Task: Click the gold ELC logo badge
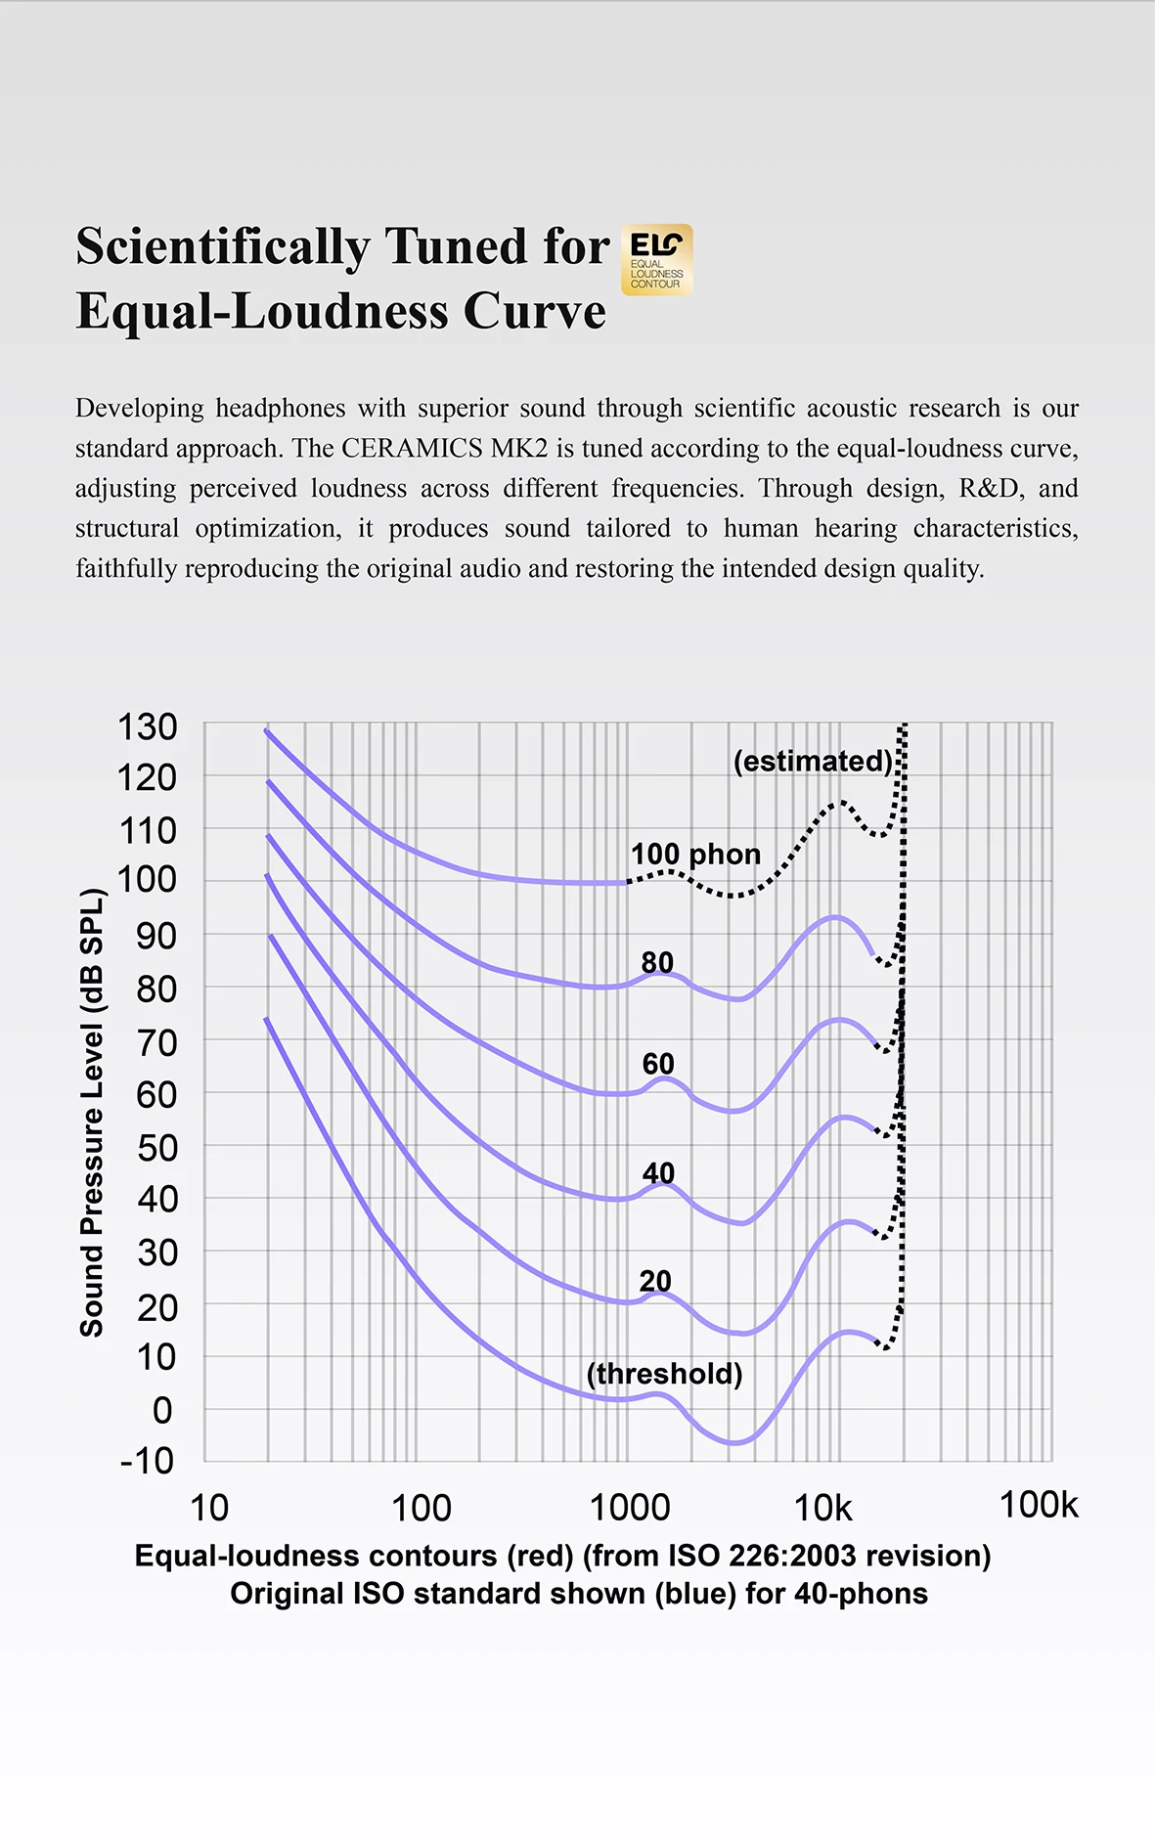pos(656,259)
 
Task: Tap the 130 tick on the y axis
pos(147,727)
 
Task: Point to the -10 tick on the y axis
pos(147,1461)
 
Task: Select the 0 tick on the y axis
pos(162,1410)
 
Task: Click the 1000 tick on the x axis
pos(630,1508)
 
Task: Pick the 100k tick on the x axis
pos(1039,1505)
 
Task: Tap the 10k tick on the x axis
pos(823,1508)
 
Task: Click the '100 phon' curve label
pos(695,854)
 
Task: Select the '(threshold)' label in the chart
pos(664,1374)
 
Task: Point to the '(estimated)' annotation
pos(813,761)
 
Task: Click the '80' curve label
pos(657,962)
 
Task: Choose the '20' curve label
pos(655,1281)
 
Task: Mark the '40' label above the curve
pos(658,1172)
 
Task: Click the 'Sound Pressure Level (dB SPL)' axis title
pos(91,1112)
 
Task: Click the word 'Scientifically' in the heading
pos(221,245)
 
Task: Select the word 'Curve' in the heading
pos(534,311)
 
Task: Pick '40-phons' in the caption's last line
pos(861,1594)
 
